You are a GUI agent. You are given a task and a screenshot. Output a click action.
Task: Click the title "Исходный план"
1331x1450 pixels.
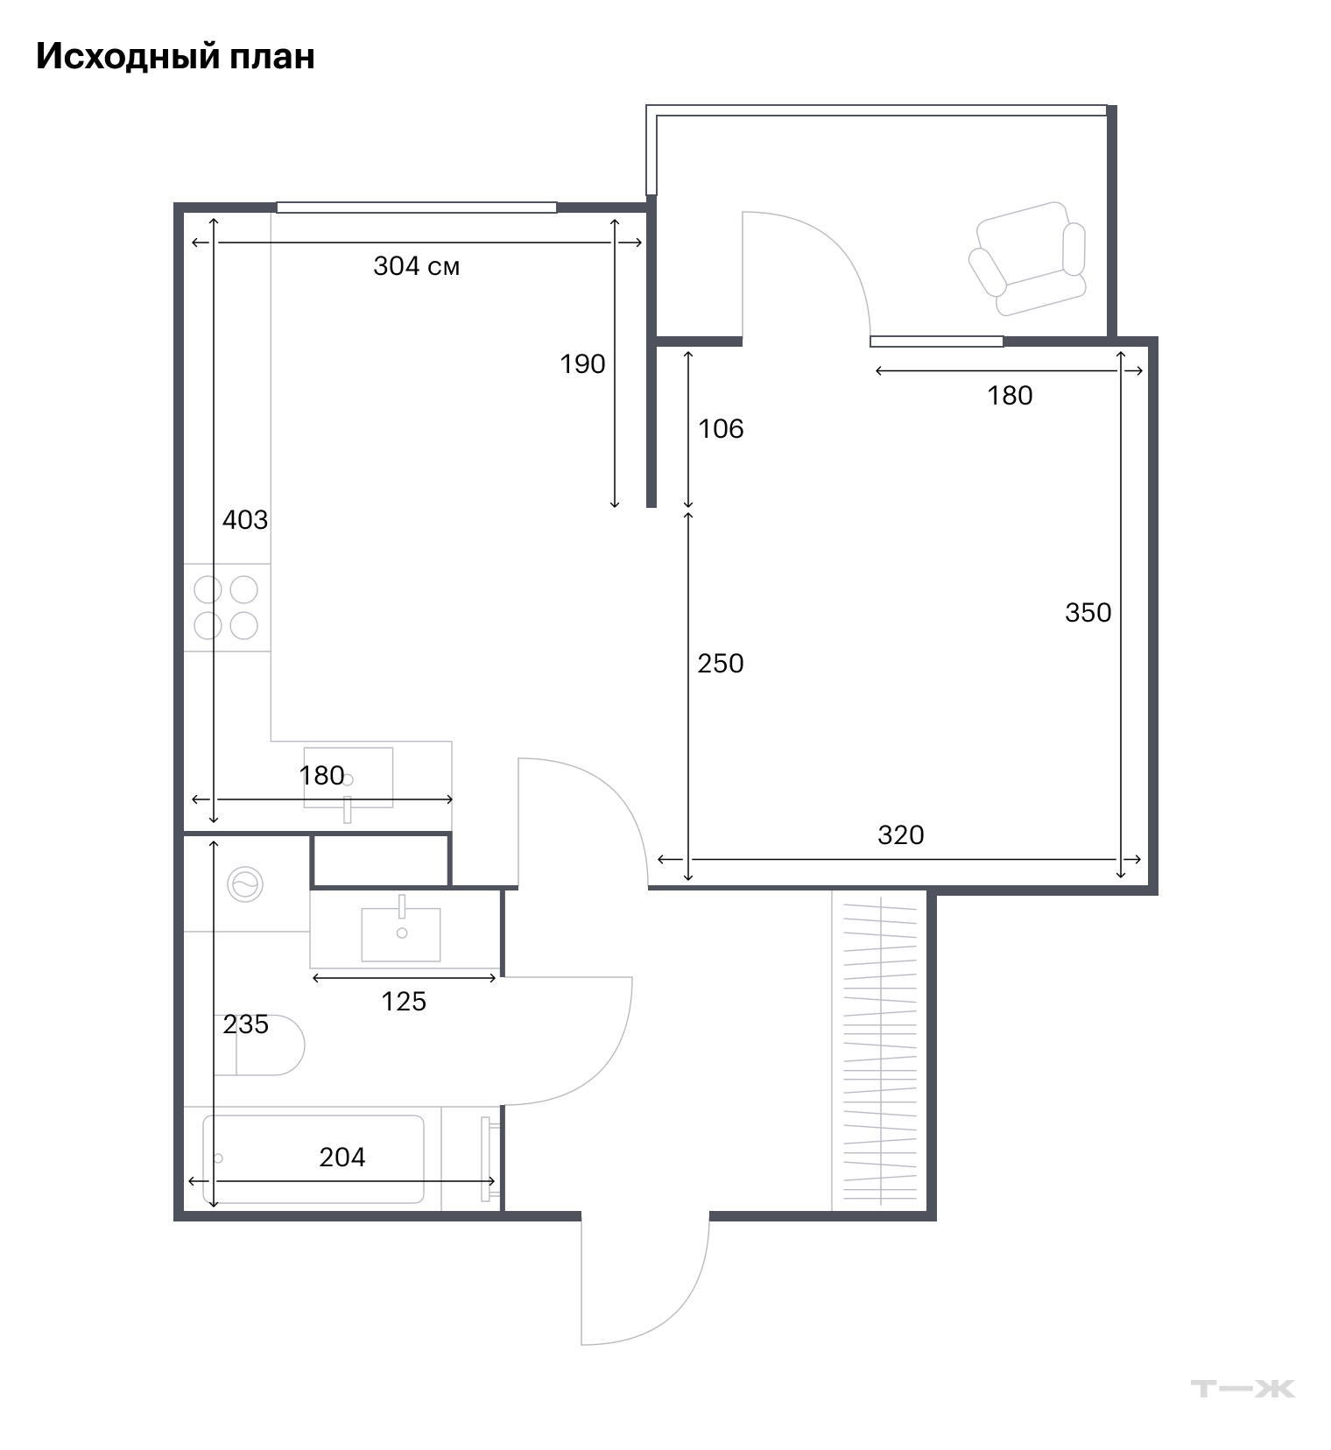click(175, 56)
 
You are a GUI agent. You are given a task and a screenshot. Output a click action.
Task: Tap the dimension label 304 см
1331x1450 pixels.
click(417, 265)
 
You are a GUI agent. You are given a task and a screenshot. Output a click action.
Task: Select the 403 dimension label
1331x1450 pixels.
click(245, 519)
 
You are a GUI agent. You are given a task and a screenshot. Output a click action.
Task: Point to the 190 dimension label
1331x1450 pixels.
click(582, 363)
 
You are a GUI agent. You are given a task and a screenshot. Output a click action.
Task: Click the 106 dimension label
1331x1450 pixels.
click(721, 428)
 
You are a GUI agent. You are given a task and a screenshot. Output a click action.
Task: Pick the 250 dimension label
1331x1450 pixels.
click(721, 663)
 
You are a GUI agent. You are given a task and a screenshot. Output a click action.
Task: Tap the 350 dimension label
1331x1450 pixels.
click(1088, 612)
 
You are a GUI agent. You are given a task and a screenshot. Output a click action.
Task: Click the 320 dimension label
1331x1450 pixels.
click(901, 834)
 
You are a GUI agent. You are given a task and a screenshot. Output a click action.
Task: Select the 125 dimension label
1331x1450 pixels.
click(404, 1001)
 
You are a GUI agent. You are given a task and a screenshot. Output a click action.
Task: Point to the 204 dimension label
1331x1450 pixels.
click(342, 1157)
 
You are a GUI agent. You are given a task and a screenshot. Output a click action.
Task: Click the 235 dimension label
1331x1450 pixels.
click(245, 1024)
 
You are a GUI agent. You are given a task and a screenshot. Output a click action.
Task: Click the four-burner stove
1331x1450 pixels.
click(227, 607)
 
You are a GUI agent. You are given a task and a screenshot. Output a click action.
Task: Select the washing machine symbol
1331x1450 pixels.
click(245, 884)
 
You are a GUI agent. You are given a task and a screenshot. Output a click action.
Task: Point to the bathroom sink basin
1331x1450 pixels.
click(401, 934)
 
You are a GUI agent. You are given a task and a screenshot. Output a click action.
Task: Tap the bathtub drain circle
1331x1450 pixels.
click(218, 1158)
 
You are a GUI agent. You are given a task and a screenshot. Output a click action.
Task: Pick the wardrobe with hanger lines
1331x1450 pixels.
click(879, 1051)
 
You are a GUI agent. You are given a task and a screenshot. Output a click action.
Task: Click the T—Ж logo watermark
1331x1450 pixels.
click(1243, 1388)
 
